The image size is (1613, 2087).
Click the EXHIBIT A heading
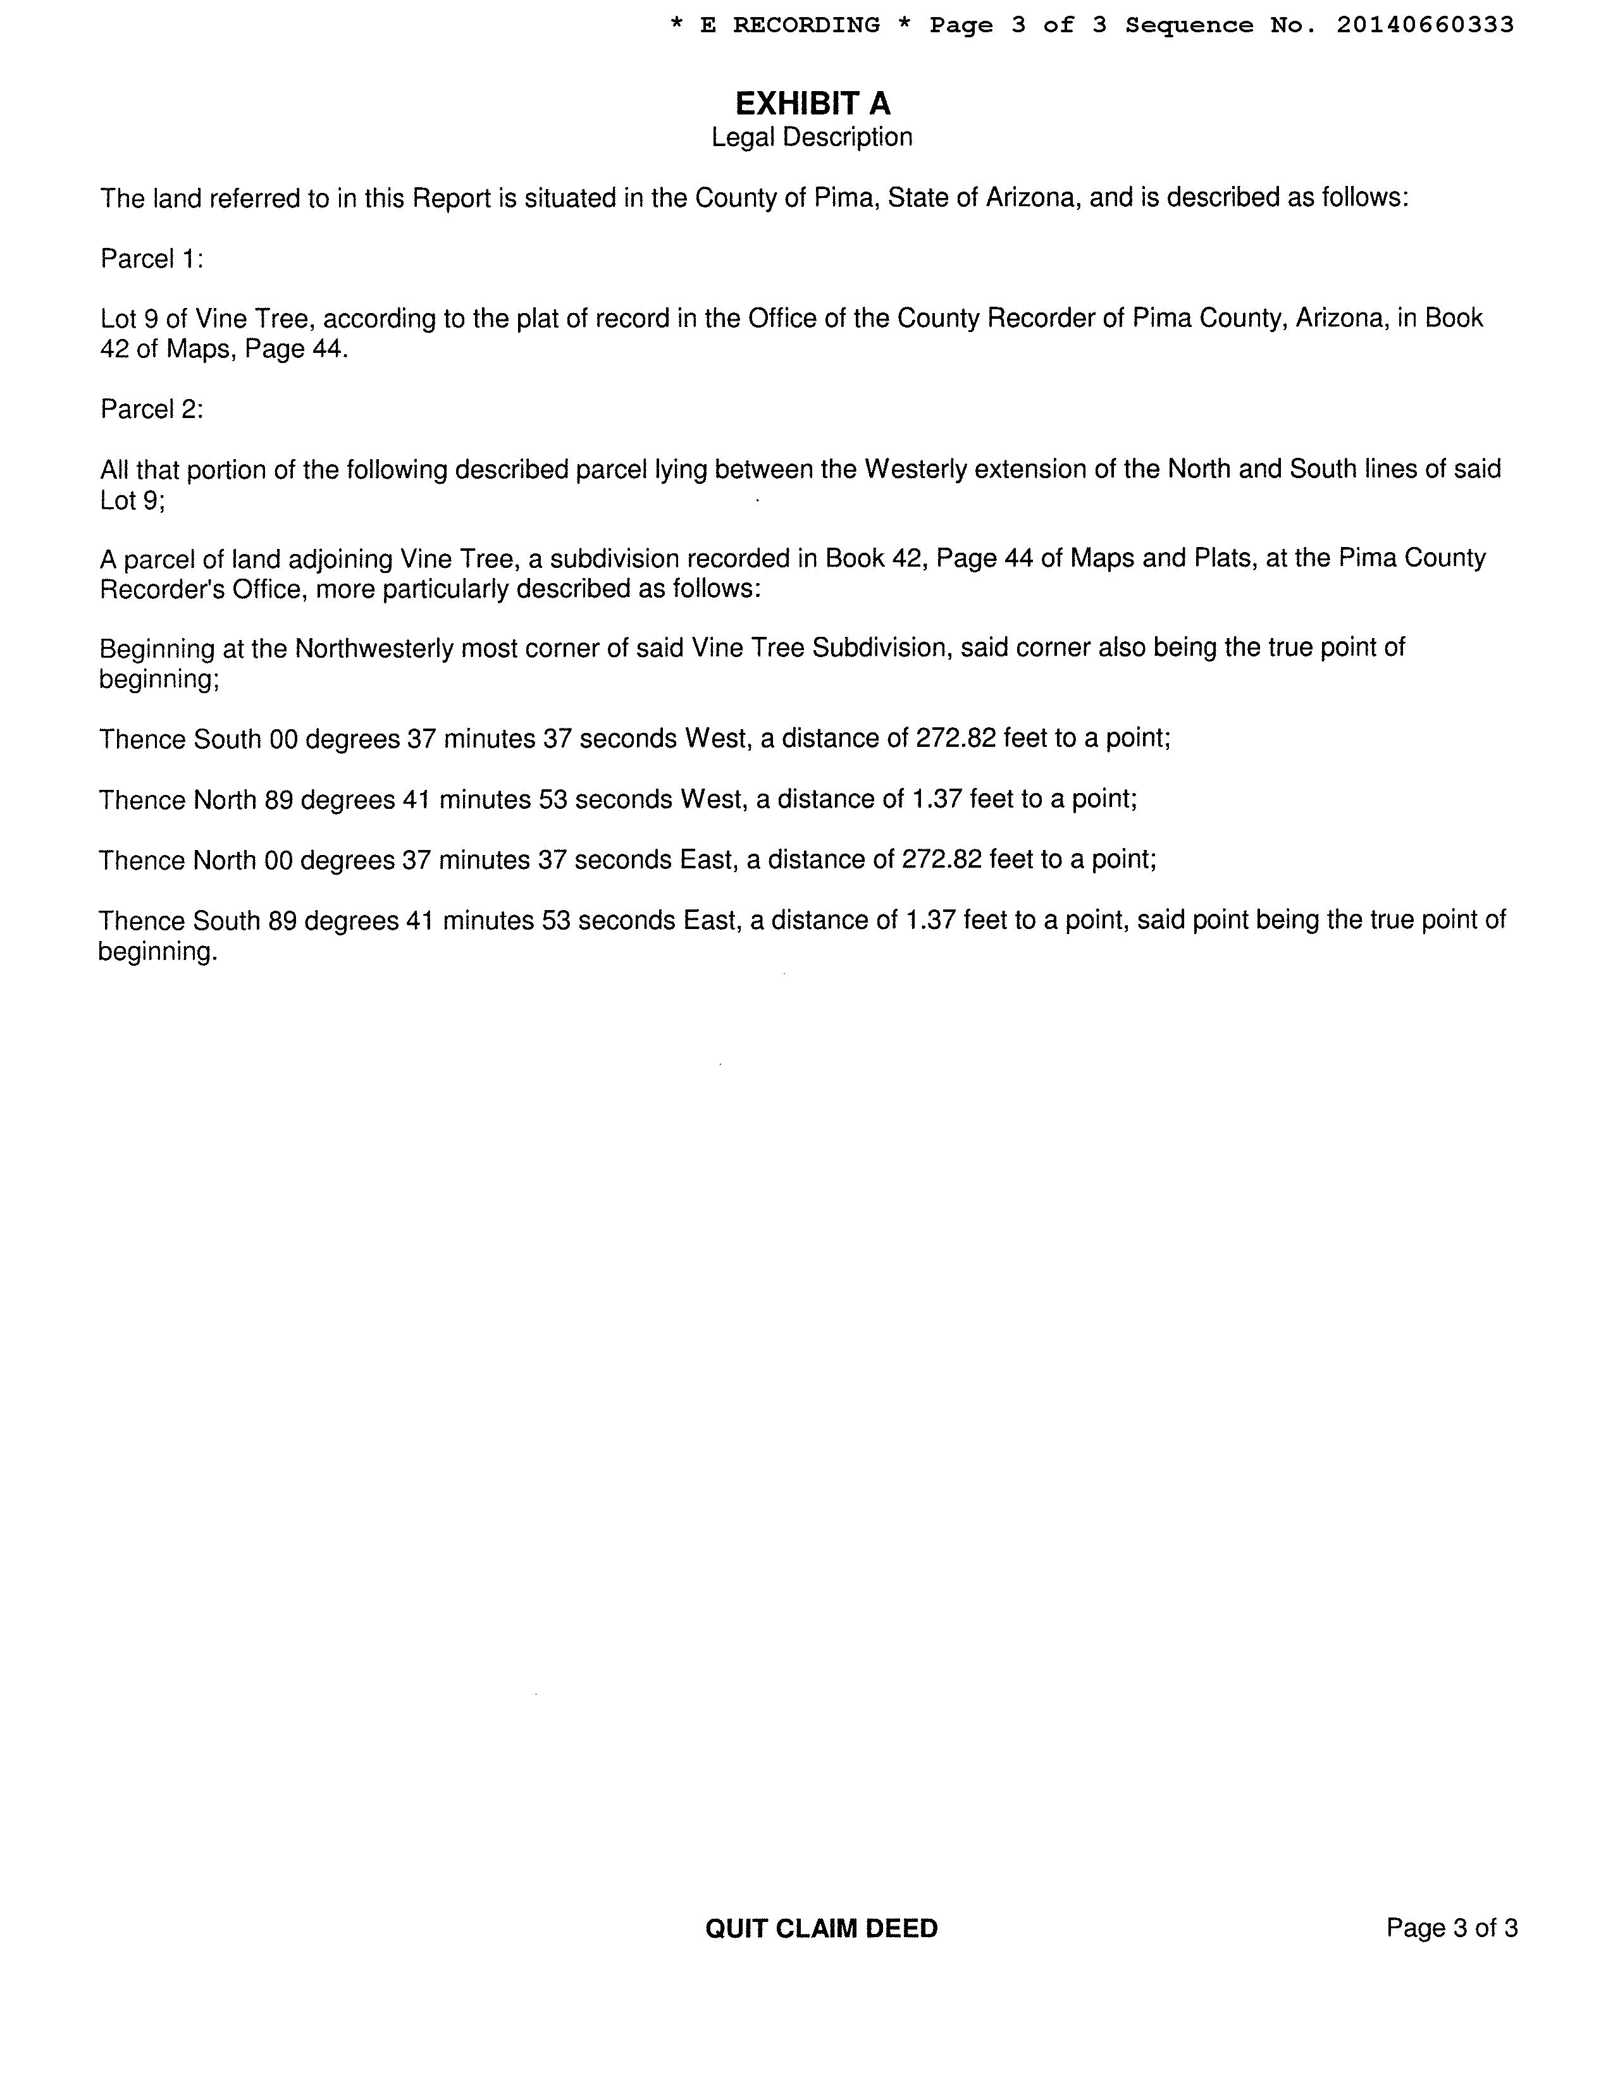(812, 103)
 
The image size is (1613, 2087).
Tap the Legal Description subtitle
(812, 138)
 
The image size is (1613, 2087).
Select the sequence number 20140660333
(1425, 25)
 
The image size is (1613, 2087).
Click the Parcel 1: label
(151, 259)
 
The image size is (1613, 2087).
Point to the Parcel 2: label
(151, 409)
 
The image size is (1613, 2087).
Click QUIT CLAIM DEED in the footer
(821, 1928)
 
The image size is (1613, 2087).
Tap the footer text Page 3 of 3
(1452, 1928)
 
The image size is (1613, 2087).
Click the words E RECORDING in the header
(789, 25)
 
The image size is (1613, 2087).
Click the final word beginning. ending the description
(158, 952)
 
